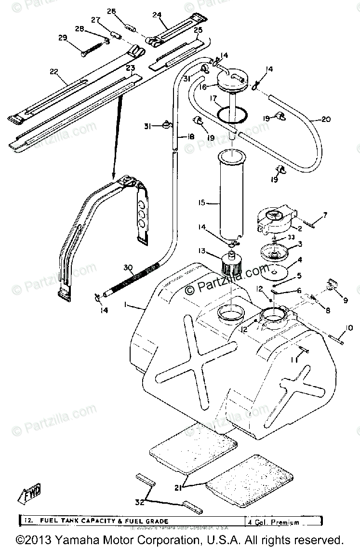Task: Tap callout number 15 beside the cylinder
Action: coord(201,203)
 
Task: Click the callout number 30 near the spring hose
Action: coord(127,268)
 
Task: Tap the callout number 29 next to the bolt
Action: coord(63,38)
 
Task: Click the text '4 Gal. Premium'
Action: coord(274,522)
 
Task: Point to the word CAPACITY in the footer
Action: coord(101,522)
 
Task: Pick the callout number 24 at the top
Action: coord(157,15)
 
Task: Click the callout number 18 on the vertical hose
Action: coord(190,137)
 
